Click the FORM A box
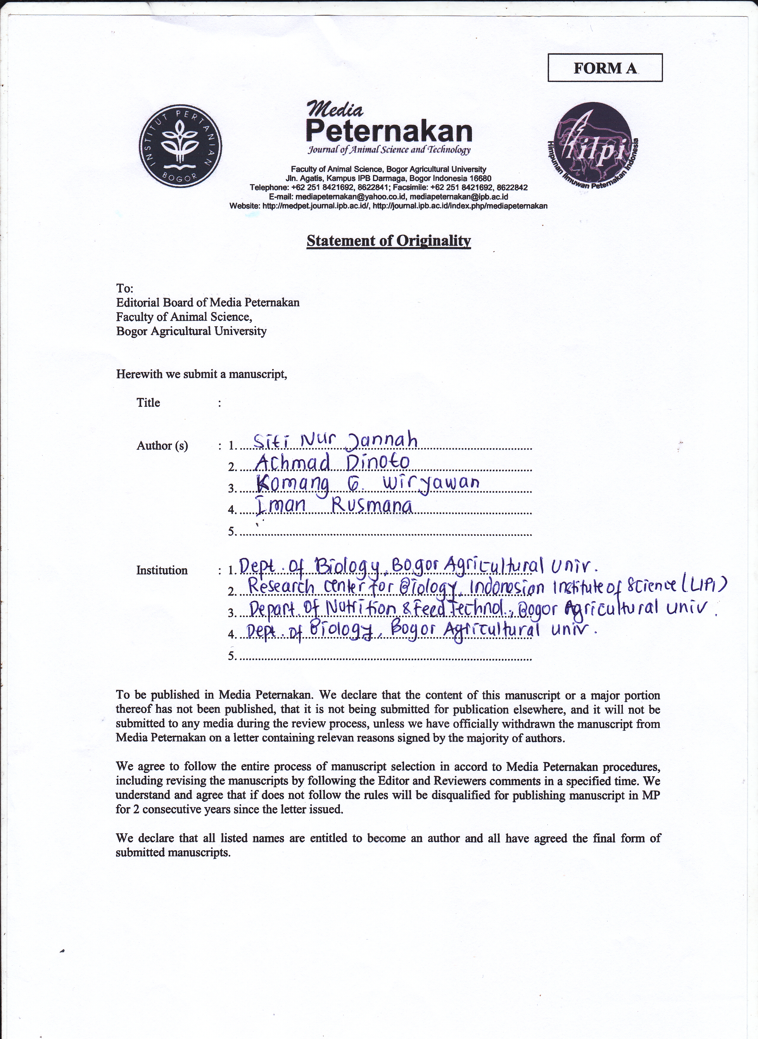(605, 68)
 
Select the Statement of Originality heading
(389, 241)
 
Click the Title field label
(148, 403)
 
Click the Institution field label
(162, 570)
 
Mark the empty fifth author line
(386, 533)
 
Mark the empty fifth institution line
(386, 657)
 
